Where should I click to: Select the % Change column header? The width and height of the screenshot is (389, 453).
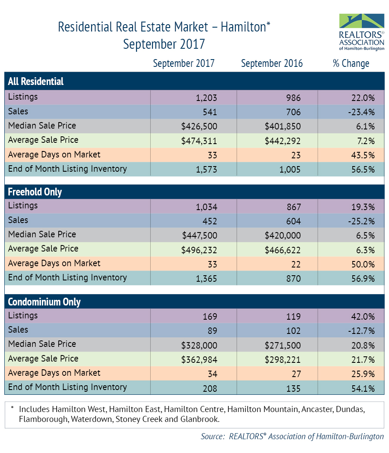point(351,63)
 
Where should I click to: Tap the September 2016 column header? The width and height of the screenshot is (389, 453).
point(272,63)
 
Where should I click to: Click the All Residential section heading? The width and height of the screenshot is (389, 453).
point(36,82)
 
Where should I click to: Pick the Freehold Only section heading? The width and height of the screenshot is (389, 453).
point(35,192)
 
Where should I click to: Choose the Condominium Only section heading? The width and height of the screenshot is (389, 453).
point(44,302)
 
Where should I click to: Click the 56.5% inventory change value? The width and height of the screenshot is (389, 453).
point(363,169)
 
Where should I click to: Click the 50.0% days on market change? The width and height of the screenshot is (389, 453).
point(363,264)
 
